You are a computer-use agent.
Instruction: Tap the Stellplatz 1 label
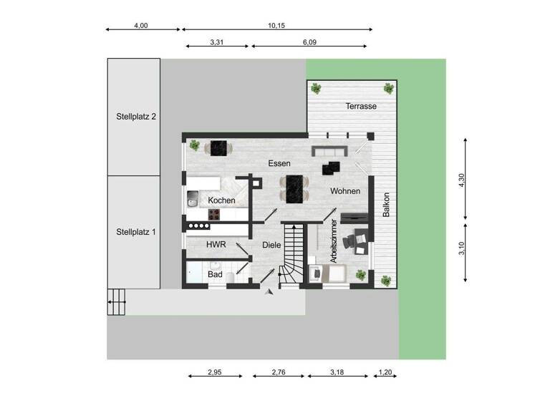[x=136, y=232]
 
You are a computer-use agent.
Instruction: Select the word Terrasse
[x=361, y=106]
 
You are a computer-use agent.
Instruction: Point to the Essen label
[x=279, y=163]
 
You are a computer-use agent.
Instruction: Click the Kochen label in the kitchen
[x=222, y=200]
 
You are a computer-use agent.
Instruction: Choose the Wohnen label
[x=344, y=191]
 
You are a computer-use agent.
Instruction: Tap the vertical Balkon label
[x=386, y=206]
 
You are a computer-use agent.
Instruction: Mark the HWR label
[x=216, y=244]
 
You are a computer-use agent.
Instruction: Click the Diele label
[x=271, y=245]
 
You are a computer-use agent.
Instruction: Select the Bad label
[x=216, y=274]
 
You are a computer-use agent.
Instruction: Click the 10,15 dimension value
[x=277, y=25]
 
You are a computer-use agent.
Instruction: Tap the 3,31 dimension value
[x=217, y=42]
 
